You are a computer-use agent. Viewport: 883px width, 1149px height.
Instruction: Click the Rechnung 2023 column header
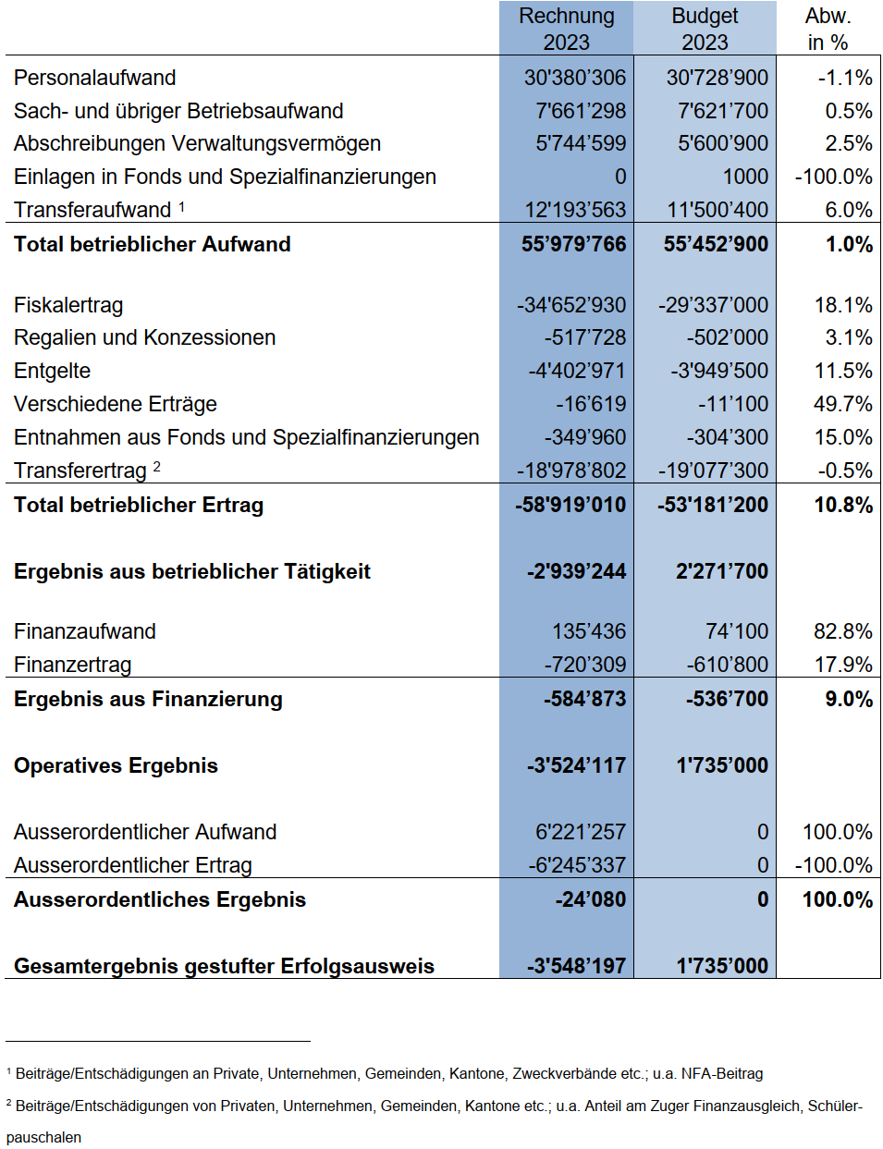click(566, 29)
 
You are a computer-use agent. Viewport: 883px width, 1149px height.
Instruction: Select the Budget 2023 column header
click(705, 29)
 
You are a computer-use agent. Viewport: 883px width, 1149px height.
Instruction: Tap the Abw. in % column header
click(828, 29)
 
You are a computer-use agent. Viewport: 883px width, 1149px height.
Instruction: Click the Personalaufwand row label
click(94, 78)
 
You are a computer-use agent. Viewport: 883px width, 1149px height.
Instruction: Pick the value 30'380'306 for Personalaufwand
click(575, 78)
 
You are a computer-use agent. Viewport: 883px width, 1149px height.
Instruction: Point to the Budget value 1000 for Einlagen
click(745, 177)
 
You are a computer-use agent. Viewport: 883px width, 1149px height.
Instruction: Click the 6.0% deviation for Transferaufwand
click(849, 210)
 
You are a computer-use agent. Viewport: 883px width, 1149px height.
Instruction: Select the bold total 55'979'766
click(573, 244)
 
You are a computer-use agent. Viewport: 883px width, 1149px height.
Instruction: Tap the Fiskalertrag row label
click(68, 305)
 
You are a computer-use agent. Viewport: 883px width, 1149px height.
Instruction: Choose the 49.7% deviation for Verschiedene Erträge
click(843, 404)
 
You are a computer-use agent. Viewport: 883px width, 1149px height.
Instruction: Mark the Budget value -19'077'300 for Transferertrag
click(713, 471)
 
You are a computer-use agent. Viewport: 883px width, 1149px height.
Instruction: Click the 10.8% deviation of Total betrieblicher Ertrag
click(843, 505)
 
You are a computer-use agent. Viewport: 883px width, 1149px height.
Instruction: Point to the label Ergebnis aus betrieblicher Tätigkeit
click(192, 571)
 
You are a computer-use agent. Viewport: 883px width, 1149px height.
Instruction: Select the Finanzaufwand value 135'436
click(589, 631)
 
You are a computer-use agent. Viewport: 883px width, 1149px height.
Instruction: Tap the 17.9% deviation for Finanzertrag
click(843, 665)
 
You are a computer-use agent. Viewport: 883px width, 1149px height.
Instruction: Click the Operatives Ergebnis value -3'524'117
click(576, 765)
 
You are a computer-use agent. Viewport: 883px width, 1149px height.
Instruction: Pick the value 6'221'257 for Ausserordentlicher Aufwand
click(581, 832)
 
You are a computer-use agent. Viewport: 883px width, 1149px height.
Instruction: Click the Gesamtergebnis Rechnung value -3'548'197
click(576, 966)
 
